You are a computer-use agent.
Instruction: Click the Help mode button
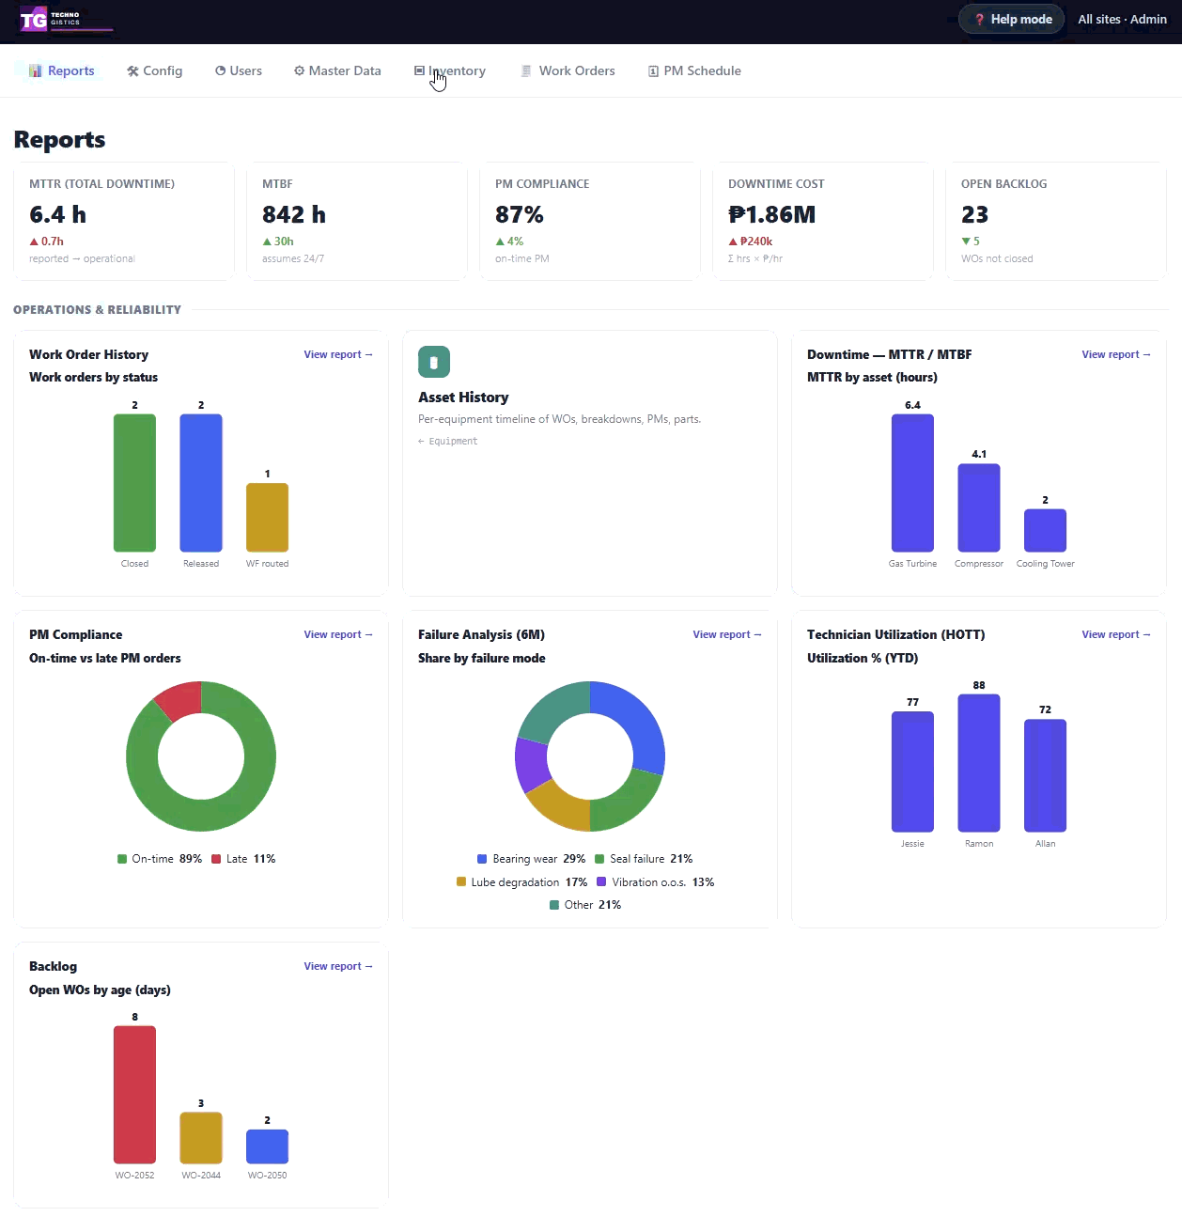point(1011,20)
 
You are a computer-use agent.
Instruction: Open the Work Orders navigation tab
point(568,70)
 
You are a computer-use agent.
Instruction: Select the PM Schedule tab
point(694,70)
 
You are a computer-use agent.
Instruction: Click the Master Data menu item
point(337,70)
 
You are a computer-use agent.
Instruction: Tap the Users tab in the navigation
point(238,70)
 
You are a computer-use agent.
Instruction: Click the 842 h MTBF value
point(294,214)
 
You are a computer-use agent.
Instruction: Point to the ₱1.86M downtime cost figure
point(771,214)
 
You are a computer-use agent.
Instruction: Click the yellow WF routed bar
point(268,518)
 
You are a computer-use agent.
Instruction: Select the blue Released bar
point(201,483)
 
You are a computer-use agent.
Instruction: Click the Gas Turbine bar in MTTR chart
point(912,483)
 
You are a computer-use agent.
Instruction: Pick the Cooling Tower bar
point(1045,531)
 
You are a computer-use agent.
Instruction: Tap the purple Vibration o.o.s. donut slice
point(532,763)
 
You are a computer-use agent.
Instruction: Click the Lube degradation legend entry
point(521,881)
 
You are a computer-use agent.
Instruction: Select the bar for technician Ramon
point(979,762)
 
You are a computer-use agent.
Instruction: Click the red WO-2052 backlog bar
point(135,1094)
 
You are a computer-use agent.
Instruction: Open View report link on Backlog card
point(338,966)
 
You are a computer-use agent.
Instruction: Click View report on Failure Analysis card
point(727,634)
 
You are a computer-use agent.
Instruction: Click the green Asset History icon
point(434,362)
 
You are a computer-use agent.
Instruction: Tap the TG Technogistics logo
point(66,20)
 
